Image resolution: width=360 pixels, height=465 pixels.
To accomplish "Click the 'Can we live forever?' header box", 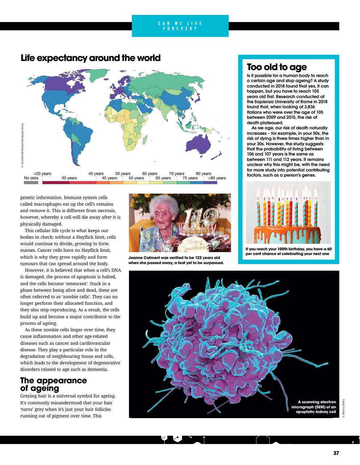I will [180, 26].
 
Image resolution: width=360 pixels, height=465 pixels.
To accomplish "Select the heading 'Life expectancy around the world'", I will [90, 58].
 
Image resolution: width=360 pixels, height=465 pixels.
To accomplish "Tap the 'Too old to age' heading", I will [277, 67].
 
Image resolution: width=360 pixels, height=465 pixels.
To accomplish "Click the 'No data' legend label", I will [31, 178].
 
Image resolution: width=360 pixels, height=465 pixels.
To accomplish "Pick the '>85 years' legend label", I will [217, 178].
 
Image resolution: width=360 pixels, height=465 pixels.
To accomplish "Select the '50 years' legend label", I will [123, 174].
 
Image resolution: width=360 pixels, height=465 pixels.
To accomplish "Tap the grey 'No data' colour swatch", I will [31, 182].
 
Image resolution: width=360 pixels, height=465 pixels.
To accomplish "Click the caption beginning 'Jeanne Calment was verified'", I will [176, 260].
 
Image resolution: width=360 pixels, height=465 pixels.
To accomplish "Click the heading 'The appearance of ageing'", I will [53, 384].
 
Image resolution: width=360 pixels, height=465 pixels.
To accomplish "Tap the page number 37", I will [336, 453].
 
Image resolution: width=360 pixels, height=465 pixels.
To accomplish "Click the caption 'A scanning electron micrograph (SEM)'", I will [316, 407].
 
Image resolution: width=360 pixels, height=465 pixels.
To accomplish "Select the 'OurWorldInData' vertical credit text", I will [23, 145].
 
